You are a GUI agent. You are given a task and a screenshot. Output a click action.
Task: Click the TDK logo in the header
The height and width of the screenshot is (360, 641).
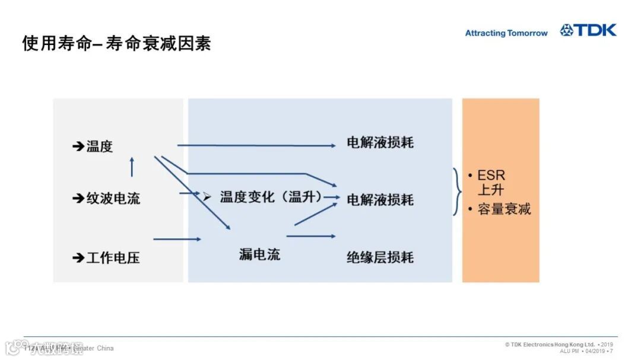[588, 30]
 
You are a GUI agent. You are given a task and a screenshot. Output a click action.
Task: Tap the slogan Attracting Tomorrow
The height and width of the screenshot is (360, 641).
[506, 33]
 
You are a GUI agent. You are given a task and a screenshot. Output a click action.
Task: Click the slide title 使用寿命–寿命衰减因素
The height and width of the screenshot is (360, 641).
[116, 43]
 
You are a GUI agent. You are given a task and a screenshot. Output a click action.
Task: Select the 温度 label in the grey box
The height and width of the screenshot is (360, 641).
[99, 146]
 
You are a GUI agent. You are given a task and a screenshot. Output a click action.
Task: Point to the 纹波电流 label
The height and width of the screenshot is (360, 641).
[113, 198]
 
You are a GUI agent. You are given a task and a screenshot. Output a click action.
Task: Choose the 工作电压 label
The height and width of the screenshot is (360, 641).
[113, 257]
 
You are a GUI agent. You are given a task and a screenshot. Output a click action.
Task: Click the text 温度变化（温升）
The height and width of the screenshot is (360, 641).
[271, 197]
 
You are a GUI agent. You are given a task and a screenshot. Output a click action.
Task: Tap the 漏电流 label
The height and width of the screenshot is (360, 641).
[259, 255]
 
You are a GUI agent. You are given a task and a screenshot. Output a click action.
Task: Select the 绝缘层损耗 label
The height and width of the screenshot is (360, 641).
[380, 257]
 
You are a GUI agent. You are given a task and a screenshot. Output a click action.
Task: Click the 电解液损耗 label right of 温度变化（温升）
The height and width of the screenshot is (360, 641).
[380, 200]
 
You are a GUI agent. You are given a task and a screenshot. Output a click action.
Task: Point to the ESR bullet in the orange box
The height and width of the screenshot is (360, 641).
[491, 176]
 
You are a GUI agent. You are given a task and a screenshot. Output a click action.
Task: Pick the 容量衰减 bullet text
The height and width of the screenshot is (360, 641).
[504, 209]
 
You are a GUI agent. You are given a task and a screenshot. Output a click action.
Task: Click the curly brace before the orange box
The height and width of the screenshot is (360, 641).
[457, 192]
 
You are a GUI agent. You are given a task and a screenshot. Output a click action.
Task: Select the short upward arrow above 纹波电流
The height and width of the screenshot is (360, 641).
[132, 167]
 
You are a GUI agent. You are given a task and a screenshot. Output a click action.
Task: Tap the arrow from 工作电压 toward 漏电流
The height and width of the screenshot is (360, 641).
[177, 239]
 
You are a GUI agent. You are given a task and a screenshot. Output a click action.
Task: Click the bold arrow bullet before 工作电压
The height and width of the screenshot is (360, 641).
[78, 257]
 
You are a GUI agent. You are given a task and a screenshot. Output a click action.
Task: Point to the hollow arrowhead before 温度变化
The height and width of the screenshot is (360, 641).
[207, 196]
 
